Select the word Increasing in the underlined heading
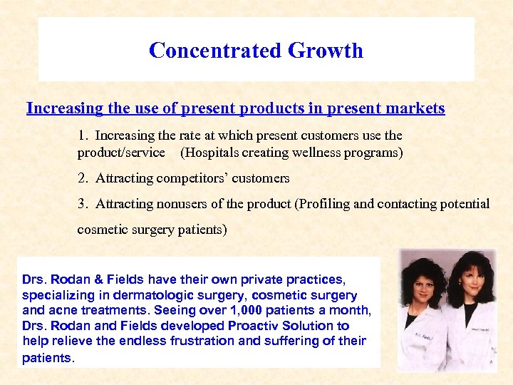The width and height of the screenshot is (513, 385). (x=64, y=108)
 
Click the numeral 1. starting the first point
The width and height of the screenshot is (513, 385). (x=84, y=135)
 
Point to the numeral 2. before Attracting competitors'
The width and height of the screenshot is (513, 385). (x=84, y=178)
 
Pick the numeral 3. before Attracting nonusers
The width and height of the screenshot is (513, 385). (x=84, y=204)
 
